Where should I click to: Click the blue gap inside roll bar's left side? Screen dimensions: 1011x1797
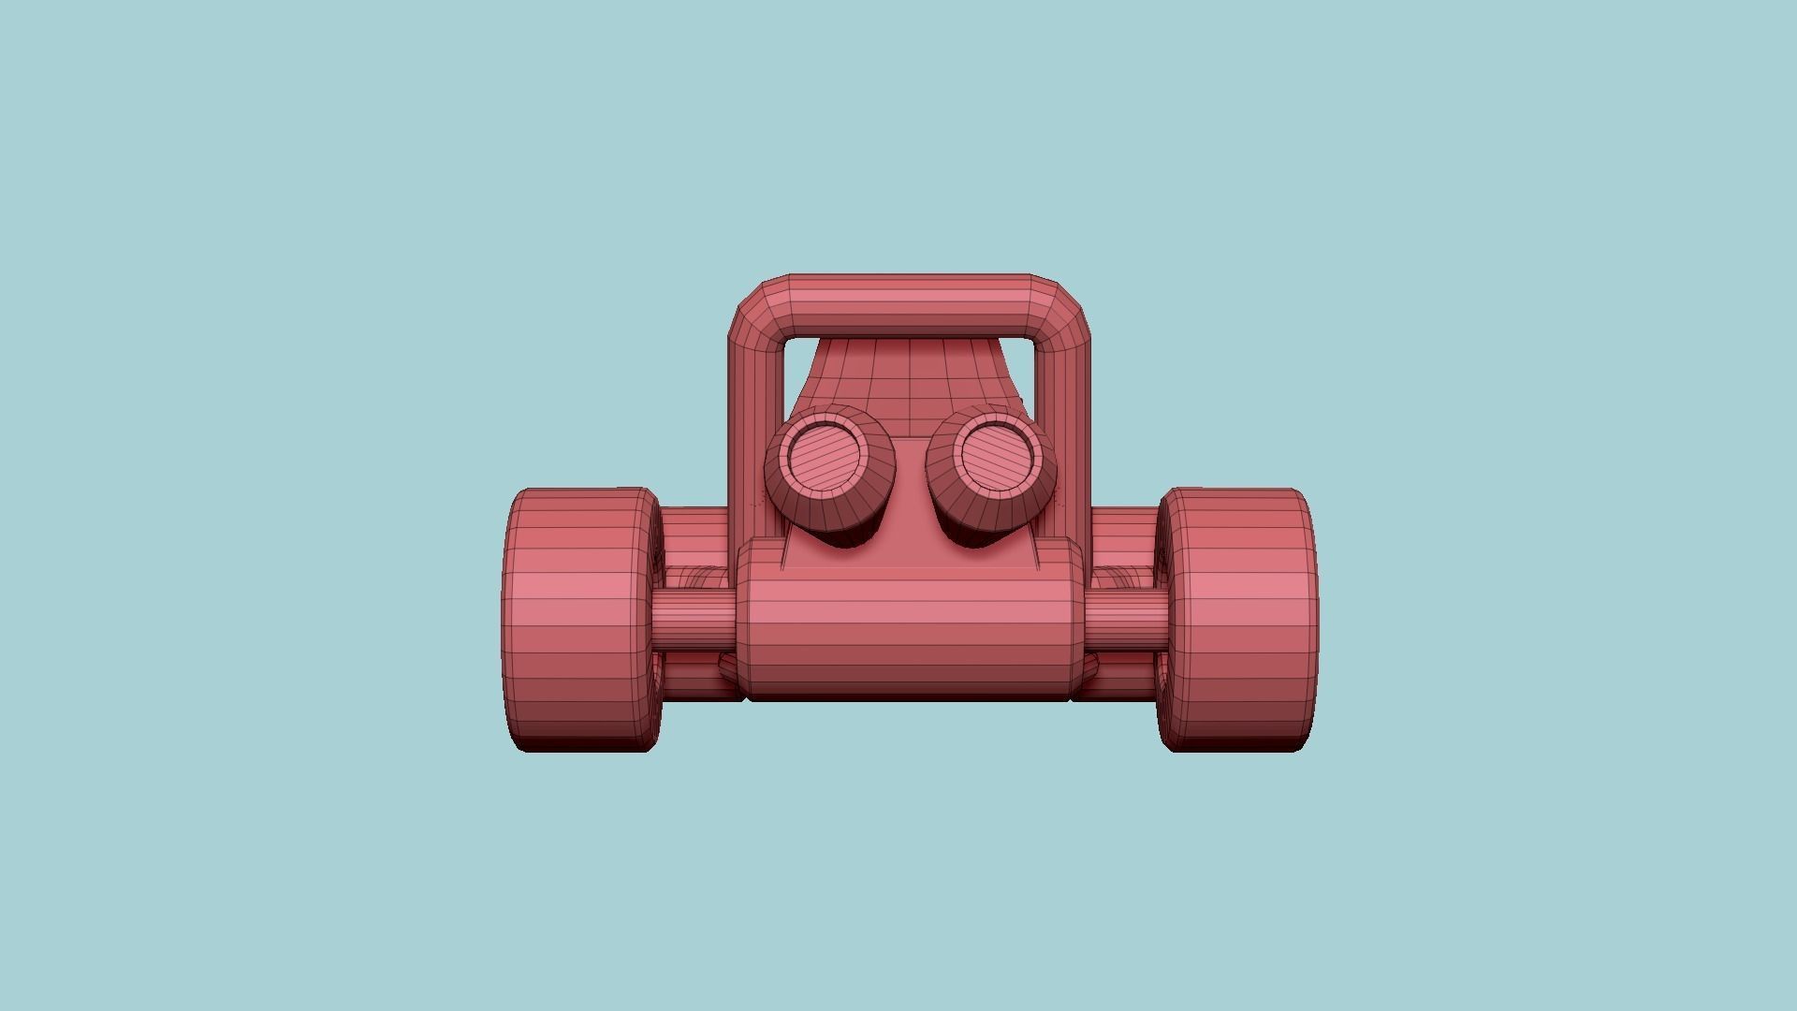point(796,370)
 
